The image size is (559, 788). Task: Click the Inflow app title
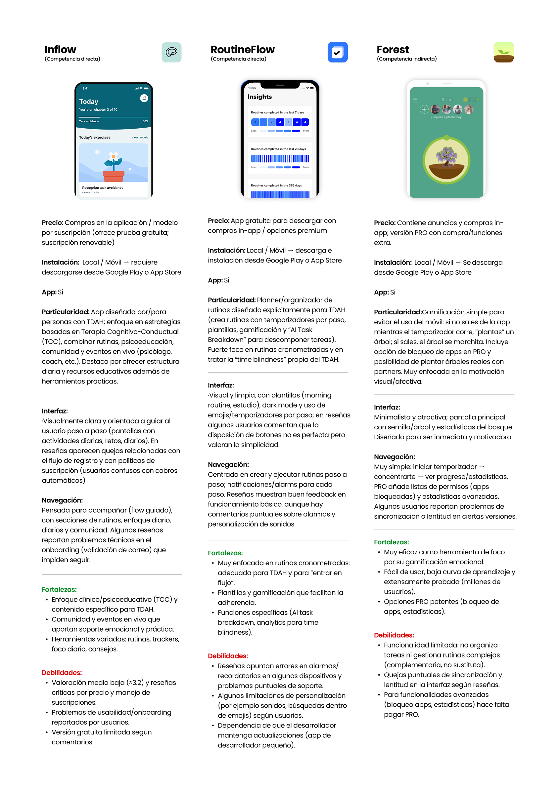point(60,50)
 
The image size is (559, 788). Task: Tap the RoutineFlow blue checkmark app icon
point(337,53)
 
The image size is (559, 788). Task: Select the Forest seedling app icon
point(503,53)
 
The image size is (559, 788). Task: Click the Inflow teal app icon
point(171,52)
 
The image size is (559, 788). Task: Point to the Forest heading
point(393,50)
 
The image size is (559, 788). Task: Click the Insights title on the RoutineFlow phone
point(259,97)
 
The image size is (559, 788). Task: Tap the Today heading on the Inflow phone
point(88,102)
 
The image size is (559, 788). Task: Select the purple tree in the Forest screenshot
point(446,156)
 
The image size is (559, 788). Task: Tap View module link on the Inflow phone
point(140,138)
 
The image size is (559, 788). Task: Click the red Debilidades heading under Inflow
point(62,673)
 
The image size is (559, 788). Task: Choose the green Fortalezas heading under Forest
point(392,542)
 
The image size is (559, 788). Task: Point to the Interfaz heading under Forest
point(387,407)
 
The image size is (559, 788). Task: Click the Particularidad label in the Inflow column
point(66,312)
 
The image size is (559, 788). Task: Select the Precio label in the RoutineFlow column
point(218,221)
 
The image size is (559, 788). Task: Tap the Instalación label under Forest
point(393,263)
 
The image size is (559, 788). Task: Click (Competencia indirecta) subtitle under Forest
point(406,59)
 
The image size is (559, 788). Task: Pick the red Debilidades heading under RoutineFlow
point(227,656)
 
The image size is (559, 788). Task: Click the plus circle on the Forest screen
point(424,109)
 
